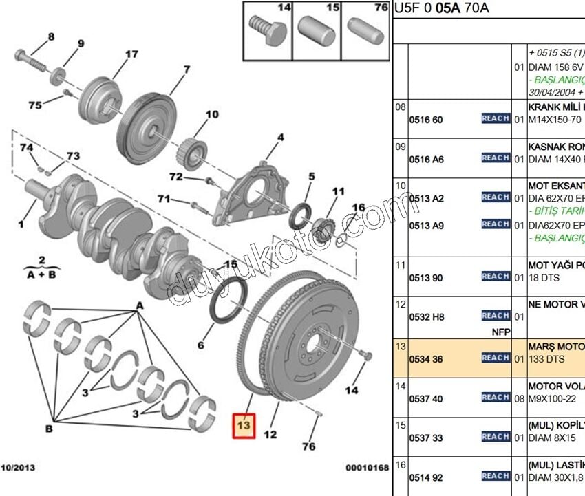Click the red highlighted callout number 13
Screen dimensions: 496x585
point(244,426)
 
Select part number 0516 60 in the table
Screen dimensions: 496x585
point(426,120)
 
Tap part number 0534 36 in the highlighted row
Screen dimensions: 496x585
point(426,358)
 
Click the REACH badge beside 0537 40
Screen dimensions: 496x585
point(496,398)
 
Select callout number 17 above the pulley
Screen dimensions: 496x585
point(131,54)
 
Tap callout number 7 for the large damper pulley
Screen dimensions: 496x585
point(186,69)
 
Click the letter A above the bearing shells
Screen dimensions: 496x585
point(140,305)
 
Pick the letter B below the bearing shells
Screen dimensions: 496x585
point(49,429)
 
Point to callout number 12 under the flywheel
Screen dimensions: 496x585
point(270,434)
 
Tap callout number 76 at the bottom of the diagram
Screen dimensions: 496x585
point(308,446)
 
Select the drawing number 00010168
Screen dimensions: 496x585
point(367,468)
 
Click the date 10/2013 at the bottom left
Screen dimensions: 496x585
point(17,468)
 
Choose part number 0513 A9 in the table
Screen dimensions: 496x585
point(426,225)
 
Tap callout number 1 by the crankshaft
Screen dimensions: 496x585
point(21,224)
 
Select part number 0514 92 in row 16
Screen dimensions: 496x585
point(426,477)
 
